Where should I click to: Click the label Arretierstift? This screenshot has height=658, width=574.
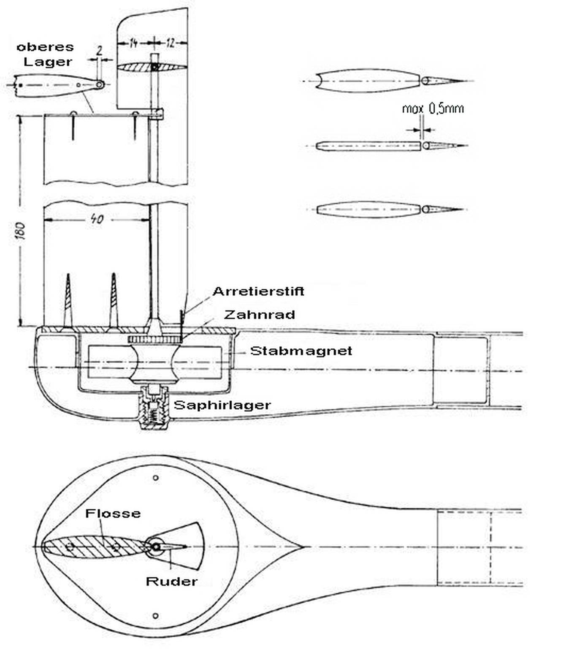pyautogui.click(x=258, y=291)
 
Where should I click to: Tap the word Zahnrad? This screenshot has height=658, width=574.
pyautogui.click(x=259, y=315)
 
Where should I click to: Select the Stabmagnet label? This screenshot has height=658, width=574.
pyautogui.click(x=301, y=351)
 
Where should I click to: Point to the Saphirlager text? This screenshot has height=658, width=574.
pyautogui.click(x=222, y=405)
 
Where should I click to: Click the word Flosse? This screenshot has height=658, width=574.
pyautogui.click(x=113, y=514)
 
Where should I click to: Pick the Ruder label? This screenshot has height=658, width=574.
pyautogui.click(x=171, y=582)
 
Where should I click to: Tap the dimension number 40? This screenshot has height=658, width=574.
pyautogui.click(x=97, y=219)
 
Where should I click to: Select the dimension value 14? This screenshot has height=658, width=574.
pyautogui.click(x=133, y=43)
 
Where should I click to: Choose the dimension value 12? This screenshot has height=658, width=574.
pyautogui.click(x=170, y=43)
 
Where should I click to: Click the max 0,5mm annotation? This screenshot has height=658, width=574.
pyautogui.click(x=433, y=109)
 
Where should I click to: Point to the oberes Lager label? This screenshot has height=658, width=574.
pyautogui.click(x=46, y=54)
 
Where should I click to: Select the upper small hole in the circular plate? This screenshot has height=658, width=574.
pyautogui.click(x=156, y=478)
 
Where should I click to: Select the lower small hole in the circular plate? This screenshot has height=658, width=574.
pyautogui.click(x=155, y=616)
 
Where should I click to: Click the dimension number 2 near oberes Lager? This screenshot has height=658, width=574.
pyautogui.click(x=99, y=51)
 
